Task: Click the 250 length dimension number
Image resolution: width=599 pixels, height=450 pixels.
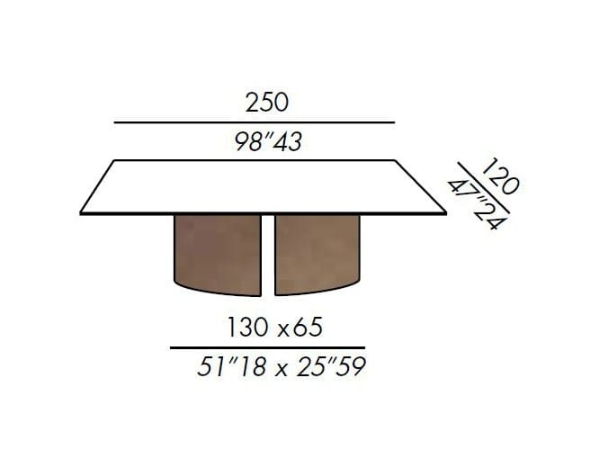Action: [x=266, y=103]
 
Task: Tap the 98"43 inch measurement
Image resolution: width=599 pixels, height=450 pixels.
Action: [x=268, y=141]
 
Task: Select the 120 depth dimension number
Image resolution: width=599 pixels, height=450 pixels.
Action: [x=501, y=175]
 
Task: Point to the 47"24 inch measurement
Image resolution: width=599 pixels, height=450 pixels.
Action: [x=478, y=205]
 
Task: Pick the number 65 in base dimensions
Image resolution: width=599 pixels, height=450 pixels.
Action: [x=308, y=328]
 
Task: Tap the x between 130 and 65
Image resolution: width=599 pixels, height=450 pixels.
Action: [x=283, y=330]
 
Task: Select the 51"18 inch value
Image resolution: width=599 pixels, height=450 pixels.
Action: [x=231, y=366]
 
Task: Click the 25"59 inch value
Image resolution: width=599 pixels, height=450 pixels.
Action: [x=331, y=366]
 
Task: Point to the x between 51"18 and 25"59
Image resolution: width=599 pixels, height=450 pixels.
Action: [x=282, y=370]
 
